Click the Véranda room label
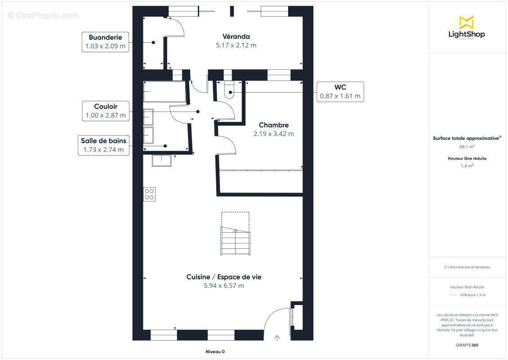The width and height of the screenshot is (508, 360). point(236,36)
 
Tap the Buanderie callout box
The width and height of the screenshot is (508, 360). point(105,42)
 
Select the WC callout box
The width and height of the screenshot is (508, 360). point(340,92)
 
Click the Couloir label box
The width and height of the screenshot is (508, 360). point(106,111)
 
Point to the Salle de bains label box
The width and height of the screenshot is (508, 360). point(104,145)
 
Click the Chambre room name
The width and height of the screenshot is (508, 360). point(274,125)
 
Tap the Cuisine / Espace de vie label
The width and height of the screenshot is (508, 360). point(224,277)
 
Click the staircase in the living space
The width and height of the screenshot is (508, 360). point(236,241)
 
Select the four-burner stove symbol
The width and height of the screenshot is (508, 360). point(149,194)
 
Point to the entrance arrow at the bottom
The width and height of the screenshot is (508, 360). point(277,338)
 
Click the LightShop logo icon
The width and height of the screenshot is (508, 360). point(467,22)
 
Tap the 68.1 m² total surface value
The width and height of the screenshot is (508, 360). point(467,147)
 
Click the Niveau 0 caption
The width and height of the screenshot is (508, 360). point(215,351)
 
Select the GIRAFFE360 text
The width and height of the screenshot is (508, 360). point(467,345)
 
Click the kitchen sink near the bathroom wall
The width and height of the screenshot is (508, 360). point(161,161)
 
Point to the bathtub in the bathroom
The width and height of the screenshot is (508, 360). point(165,91)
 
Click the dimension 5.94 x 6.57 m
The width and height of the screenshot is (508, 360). point(224,286)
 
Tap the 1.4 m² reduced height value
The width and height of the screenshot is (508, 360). point(467,166)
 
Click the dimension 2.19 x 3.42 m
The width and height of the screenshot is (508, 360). point(274,134)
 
